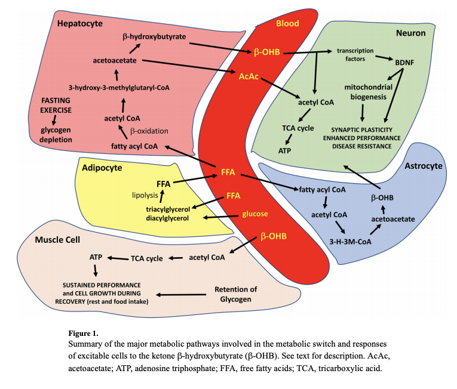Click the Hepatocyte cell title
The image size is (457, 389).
click(80, 23)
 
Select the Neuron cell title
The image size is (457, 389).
click(411, 33)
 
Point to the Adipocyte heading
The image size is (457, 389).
click(102, 168)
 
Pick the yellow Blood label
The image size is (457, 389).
click(287, 23)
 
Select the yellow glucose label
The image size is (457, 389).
click(254, 214)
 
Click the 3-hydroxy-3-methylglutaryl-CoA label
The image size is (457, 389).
click(119, 88)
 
